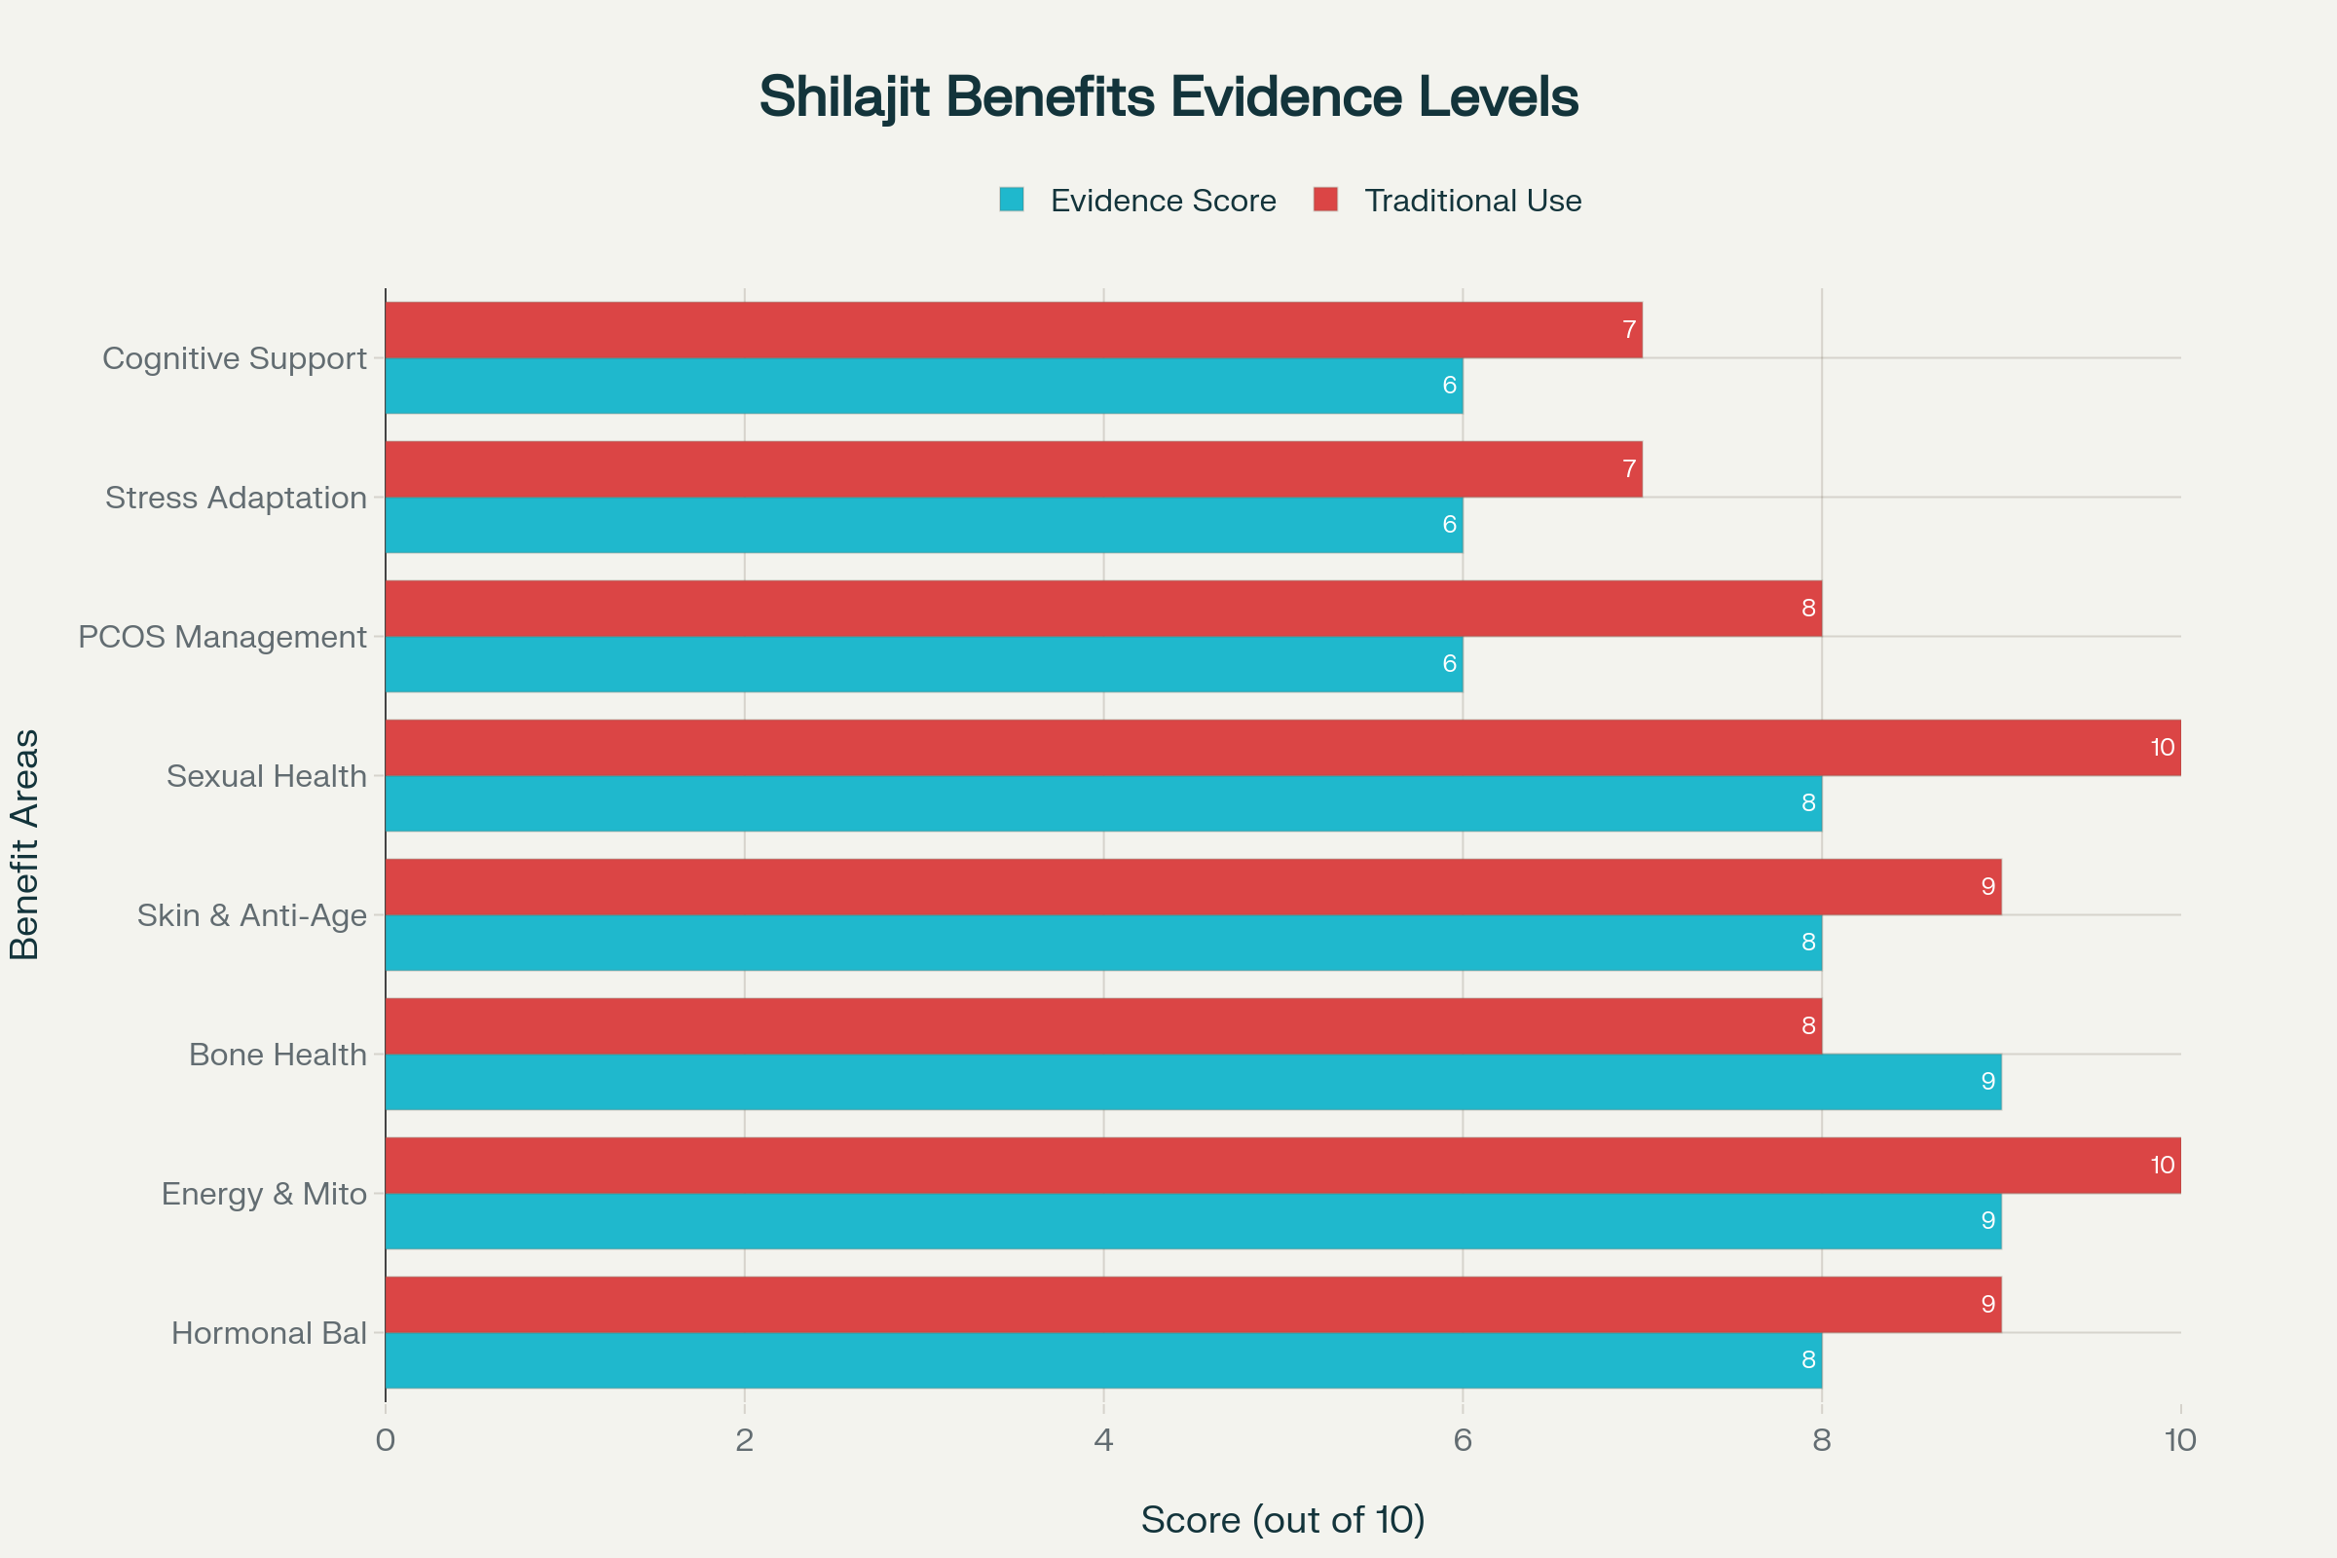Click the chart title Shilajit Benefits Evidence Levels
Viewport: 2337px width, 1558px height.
tap(1168, 97)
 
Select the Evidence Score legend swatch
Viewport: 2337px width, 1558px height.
tap(1012, 200)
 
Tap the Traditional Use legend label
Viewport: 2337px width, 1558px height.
tap(1472, 201)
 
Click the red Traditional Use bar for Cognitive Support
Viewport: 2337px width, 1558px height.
tap(1014, 330)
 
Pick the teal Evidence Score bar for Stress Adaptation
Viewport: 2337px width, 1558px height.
tap(924, 525)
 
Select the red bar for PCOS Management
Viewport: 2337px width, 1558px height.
tap(1103, 608)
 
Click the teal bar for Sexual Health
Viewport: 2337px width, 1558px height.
tap(1103, 802)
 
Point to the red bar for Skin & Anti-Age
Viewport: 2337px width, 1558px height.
tap(1192, 886)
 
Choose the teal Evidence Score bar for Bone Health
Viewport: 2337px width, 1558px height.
tap(1192, 1081)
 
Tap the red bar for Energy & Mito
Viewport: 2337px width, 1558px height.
tap(1281, 1165)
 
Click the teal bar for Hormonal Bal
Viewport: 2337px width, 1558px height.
tap(1103, 1359)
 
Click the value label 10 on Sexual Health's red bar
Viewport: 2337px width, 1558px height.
tap(2162, 747)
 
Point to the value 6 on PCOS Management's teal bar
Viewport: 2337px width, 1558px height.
tap(1450, 664)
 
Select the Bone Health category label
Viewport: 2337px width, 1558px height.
tap(278, 1055)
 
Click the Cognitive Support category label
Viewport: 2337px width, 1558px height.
tap(235, 357)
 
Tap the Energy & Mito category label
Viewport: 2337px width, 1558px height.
tap(264, 1194)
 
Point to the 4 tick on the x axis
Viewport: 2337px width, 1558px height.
tap(1103, 1440)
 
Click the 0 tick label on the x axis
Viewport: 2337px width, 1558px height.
tap(386, 1440)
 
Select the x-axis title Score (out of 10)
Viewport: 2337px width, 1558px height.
tap(1282, 1519)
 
